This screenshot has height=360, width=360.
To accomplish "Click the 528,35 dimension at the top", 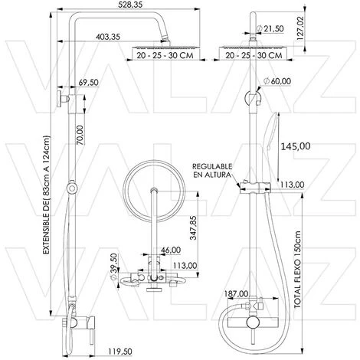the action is coord(130,5).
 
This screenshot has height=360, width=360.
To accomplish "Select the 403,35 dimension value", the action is coord(108,37).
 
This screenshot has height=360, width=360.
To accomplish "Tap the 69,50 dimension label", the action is coord(88,83).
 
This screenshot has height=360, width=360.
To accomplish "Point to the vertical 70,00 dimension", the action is coord(80,135).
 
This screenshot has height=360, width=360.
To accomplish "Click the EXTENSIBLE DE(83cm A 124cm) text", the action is coord(47,195).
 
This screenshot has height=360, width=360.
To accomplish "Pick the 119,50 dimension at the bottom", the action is coord(119,352).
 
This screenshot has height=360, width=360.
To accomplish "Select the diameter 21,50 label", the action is coord(270,28).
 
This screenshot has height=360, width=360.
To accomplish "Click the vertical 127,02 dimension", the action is coord(301,28).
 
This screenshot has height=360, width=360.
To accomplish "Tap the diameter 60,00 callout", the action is coord(277,81).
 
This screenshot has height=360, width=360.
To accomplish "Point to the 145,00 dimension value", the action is coord(296,146).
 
